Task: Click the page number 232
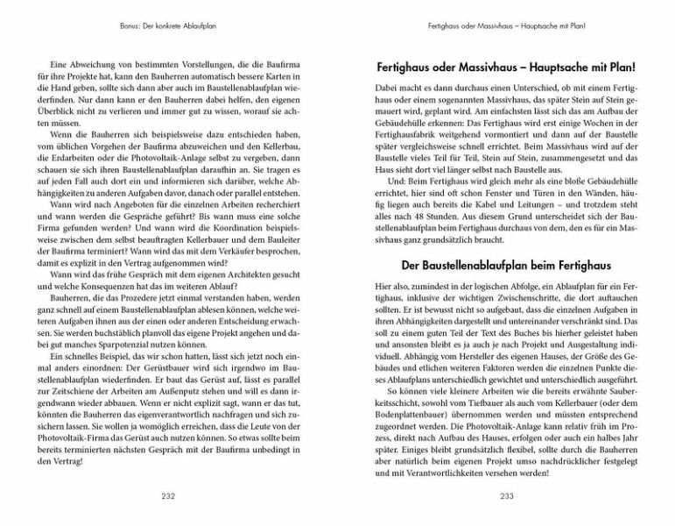point(169,495)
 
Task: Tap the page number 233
point(506,495)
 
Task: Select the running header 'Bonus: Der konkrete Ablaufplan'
point(169,27)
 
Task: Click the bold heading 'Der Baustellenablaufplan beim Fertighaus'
point(506,265)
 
